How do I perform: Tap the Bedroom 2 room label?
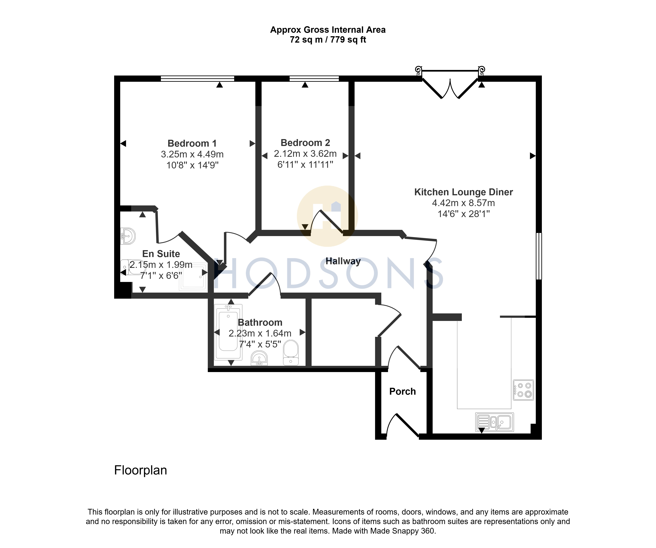tap(305, 143)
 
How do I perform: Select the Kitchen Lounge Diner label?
tap(464, 192)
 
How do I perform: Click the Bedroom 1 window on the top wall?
tap(197, 78)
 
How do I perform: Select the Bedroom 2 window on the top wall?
tap(314, 78)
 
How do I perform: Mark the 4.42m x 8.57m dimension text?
tap(464, 203)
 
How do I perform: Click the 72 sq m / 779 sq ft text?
tap(328, 40)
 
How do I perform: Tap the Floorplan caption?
tap(141, 470)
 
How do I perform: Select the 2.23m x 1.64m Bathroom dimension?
tap(260, 333)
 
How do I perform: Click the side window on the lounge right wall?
tap(539, 256)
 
